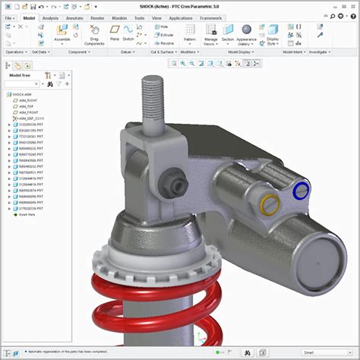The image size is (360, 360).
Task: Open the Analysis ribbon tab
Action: pyautogui.click(x=50, y=17)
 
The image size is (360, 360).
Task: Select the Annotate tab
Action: pyautogui.click(x=74, y=17)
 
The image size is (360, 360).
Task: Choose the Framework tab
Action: pyautogui.click(x=210, y=17)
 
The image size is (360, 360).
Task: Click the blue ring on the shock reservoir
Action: pyautogui.click(x=300, y=191)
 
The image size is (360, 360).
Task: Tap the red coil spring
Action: pyautogui.click(x=152, y=304)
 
